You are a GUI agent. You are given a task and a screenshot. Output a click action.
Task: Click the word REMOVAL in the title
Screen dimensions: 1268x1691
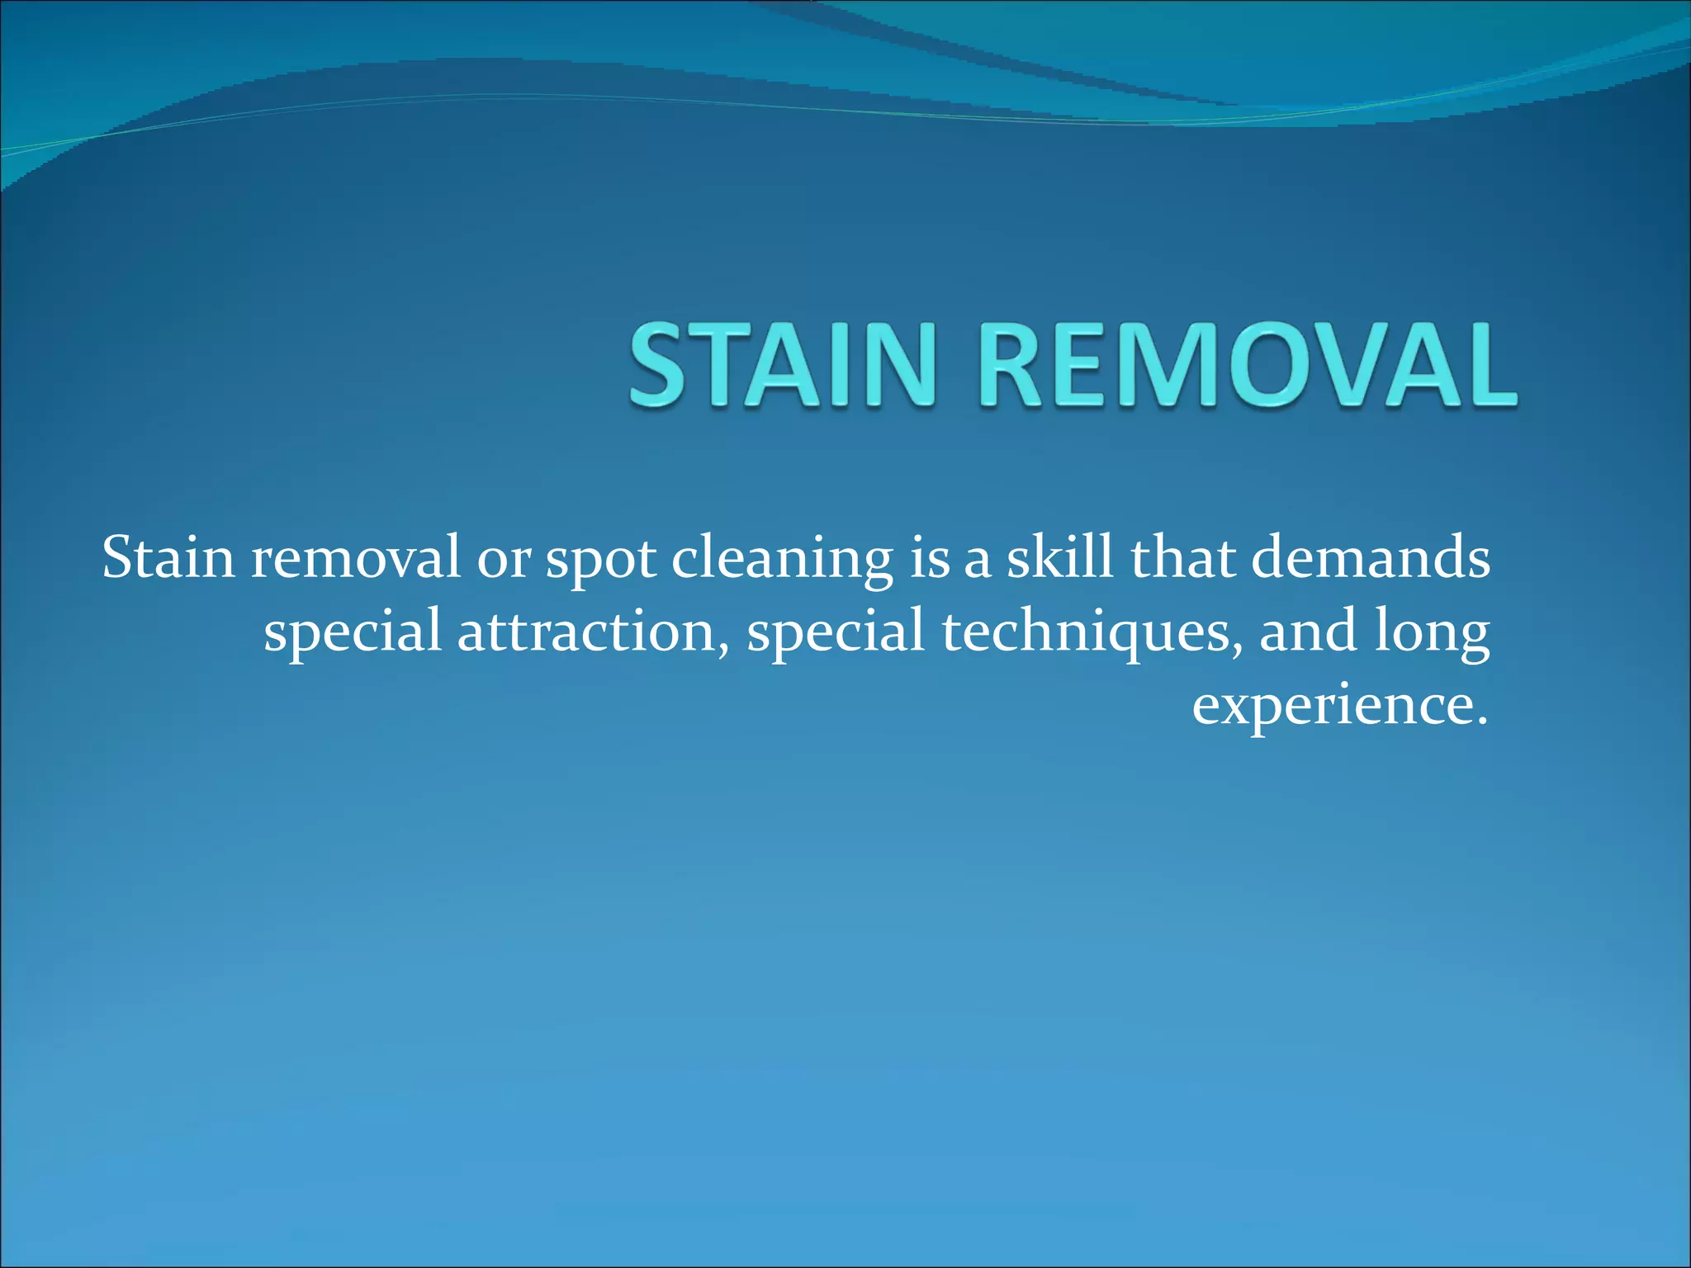pos(1248,366)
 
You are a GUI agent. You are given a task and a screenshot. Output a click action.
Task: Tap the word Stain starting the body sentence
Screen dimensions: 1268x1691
pos(168,559)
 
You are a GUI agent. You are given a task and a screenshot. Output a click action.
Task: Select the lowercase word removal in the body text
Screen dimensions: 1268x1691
pos(355,559)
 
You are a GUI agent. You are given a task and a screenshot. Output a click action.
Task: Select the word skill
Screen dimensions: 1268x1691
pos(1059,559)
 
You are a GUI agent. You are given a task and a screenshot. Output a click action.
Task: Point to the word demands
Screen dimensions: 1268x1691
pos(1371,559)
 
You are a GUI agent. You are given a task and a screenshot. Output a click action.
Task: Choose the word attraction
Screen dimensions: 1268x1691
pos(587,632)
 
